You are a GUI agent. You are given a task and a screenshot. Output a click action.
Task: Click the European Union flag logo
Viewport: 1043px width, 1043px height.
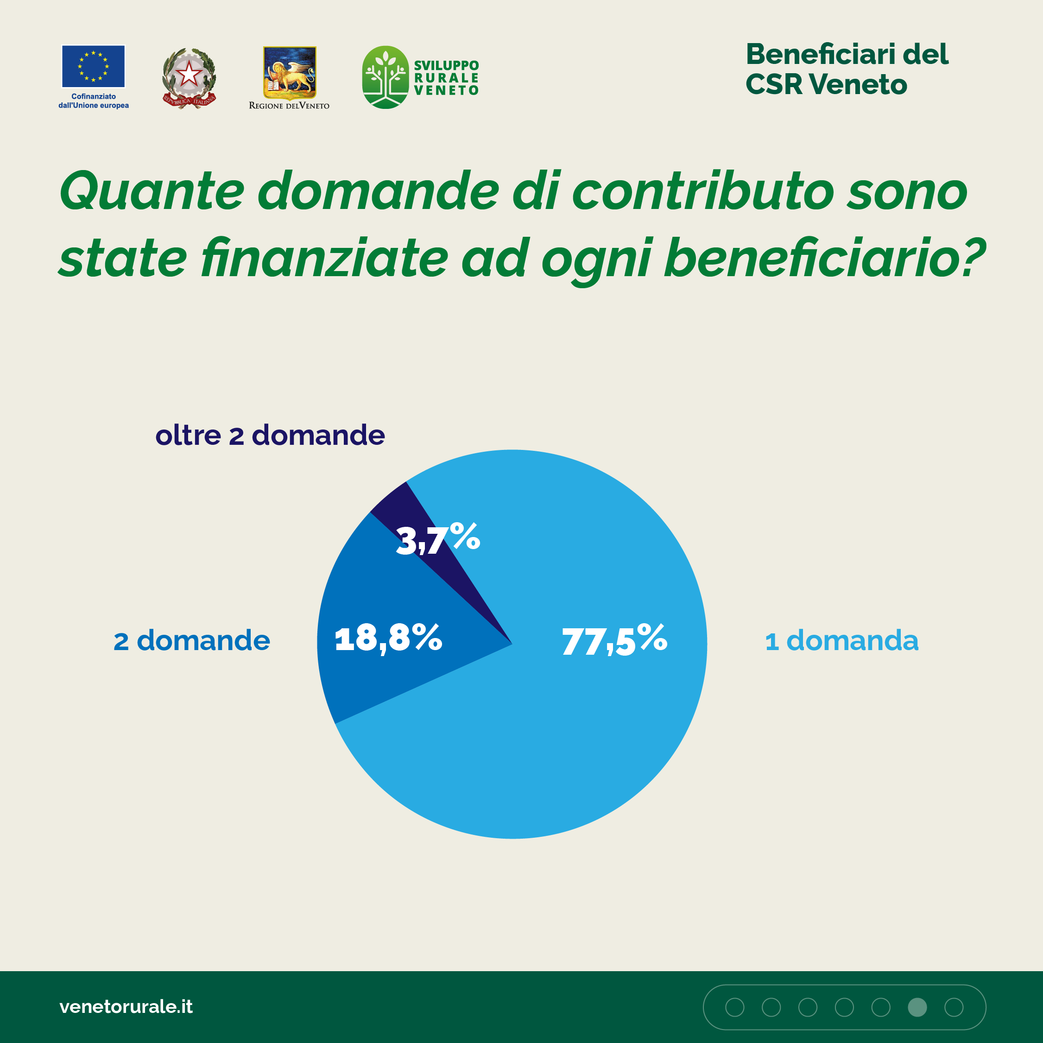94,66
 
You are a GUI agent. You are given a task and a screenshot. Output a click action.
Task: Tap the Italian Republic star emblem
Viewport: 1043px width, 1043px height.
189,76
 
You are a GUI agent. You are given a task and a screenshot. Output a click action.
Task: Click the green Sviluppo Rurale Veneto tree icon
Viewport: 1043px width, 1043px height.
385,77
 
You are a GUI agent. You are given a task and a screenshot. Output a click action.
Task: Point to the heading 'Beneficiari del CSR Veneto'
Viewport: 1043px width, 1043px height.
846,69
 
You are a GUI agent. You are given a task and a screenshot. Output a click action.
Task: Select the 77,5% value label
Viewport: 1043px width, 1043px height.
614,640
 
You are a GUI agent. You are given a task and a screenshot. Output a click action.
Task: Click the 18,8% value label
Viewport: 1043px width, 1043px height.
388,638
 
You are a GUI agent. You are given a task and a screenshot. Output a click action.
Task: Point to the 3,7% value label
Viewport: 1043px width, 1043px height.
438,539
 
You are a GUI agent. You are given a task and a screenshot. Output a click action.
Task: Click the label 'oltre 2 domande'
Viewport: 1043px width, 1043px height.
270,435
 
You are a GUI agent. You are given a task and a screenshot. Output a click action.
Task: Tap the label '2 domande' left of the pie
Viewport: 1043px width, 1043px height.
192,641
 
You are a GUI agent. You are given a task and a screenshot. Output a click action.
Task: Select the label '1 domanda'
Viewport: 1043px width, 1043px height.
841,641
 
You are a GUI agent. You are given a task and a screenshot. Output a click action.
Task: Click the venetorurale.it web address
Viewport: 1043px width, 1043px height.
126,1006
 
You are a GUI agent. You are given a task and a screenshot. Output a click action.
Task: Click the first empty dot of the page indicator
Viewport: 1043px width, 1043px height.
735,1007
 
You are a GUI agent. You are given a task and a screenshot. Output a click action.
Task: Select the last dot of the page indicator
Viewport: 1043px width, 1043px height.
954,1007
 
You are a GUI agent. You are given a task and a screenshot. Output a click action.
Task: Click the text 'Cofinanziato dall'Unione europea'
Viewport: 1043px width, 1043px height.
94,101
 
